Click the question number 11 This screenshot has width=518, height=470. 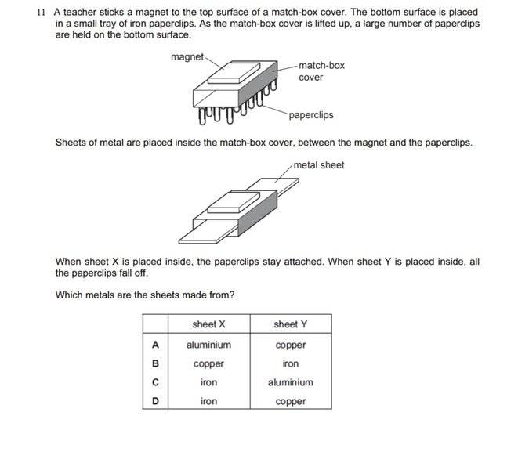point(42,13)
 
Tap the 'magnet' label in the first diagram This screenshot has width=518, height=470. point(187,56)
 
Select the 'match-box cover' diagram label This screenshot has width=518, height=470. point(321,71)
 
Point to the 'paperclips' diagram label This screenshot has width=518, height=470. point(311,115)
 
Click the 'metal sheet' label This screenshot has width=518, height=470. point(319,165)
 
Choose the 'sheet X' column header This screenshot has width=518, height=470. point(208,324)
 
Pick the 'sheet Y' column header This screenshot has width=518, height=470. point(291,324)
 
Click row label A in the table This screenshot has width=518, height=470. point(155,345)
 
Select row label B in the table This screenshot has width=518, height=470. point(155,363)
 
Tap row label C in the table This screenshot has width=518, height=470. point(155,382)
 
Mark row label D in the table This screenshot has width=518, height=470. point(155,401)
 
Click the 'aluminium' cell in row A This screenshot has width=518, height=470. point(208,345)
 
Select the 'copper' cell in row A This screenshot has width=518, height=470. point(291,345)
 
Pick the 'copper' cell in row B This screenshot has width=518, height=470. point(208,363)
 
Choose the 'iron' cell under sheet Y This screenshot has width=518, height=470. point(291,363)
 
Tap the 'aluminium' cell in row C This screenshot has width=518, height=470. point(291,382)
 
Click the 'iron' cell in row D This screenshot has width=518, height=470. point(208,401)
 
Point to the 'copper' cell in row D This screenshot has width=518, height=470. point(291,401)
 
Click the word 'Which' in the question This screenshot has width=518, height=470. point(69,295)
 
